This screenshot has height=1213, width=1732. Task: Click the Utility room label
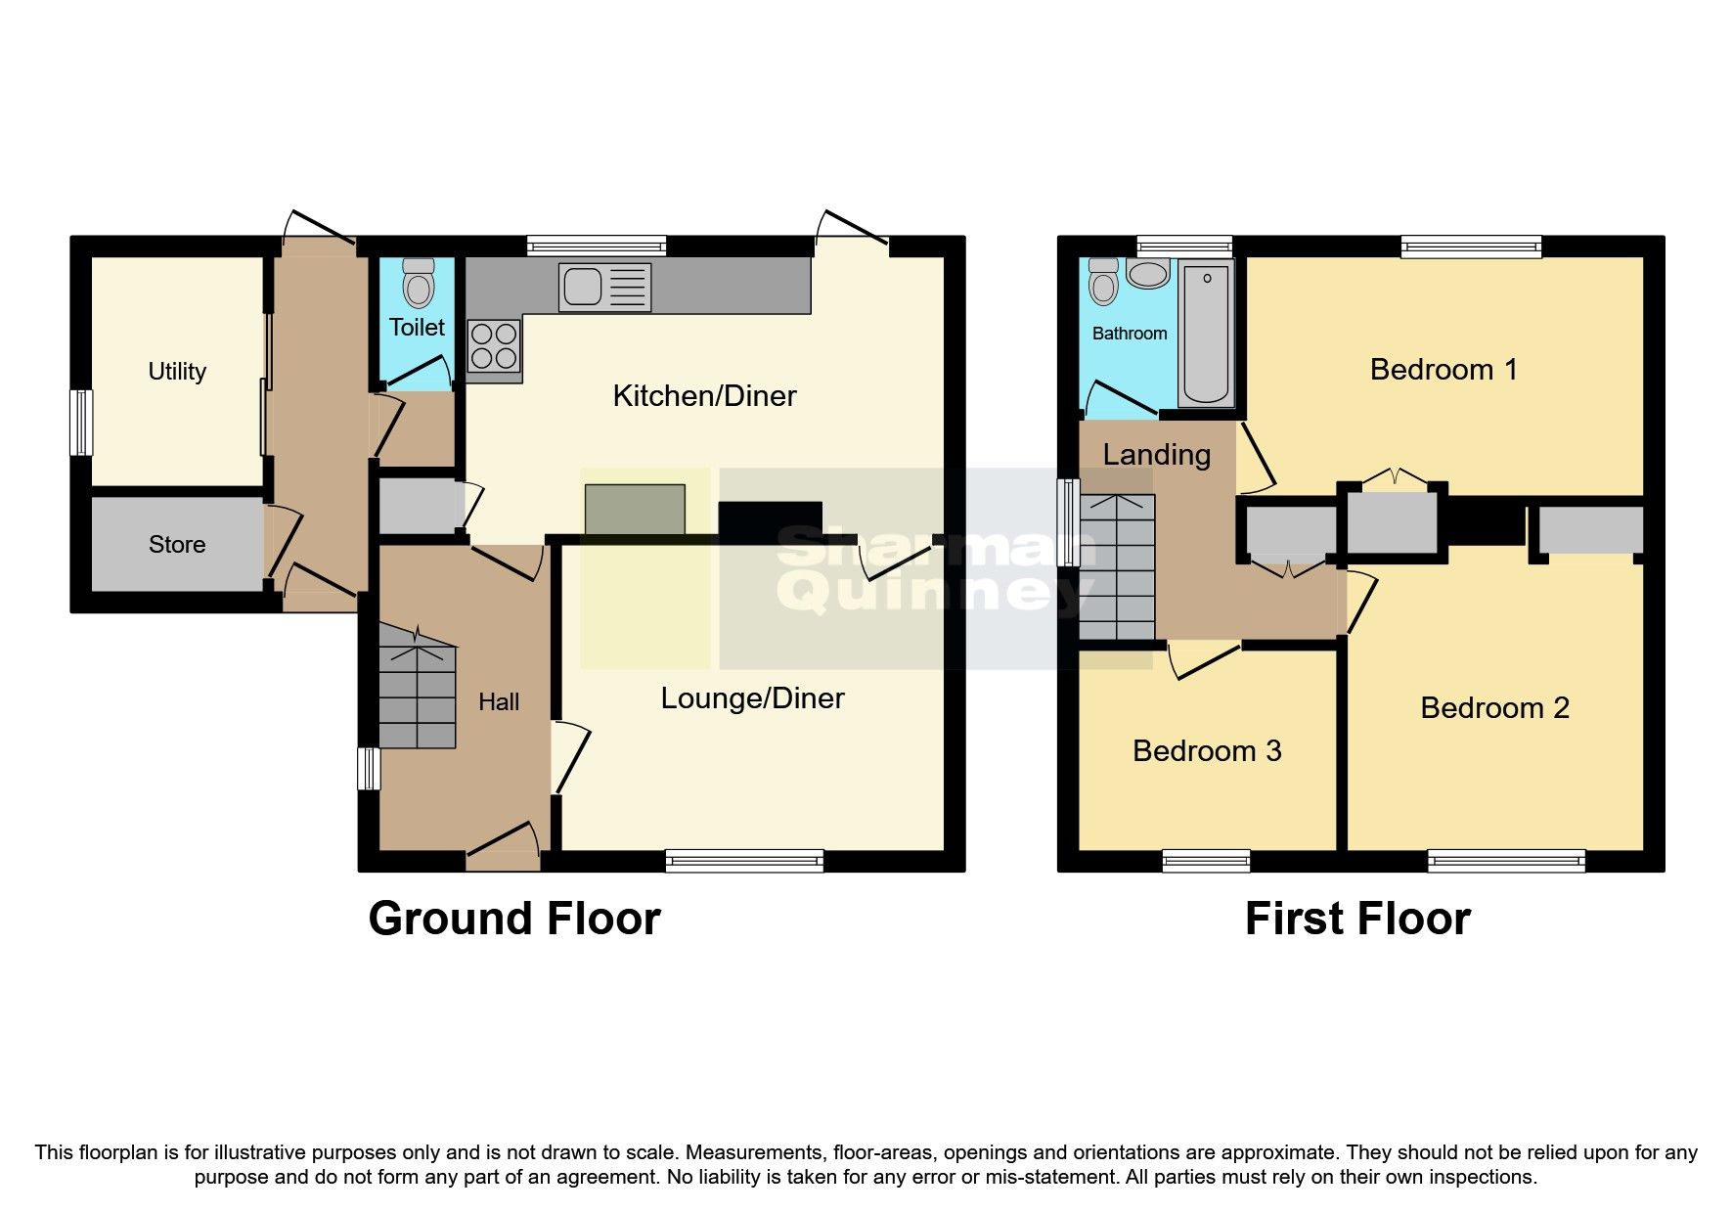[177, 372]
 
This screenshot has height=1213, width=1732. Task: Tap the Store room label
[177, 545]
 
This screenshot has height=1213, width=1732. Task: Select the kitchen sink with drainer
[604, 287]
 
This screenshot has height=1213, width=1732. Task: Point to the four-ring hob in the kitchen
[494, 347]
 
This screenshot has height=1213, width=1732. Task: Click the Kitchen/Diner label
[704, 396]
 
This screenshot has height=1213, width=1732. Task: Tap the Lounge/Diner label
[752, 698]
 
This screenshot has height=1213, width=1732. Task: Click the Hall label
[499, 701]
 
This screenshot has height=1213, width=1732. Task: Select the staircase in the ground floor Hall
[418, 695]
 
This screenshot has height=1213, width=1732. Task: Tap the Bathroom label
[1130, 334]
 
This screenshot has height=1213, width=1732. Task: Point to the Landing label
[1156, 455]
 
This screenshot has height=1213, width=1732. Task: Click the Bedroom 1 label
[1443, 370]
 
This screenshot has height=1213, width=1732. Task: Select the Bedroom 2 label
[1494, 708]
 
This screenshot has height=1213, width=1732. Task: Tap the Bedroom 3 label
[1207, 751]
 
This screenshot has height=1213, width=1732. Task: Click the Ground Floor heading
[514, 920]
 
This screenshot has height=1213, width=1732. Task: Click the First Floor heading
[1357, 920]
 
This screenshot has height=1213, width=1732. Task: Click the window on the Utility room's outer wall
[81, 423]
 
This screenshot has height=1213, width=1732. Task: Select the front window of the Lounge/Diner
[744, 861]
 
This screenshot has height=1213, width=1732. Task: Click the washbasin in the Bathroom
[1147, 274]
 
